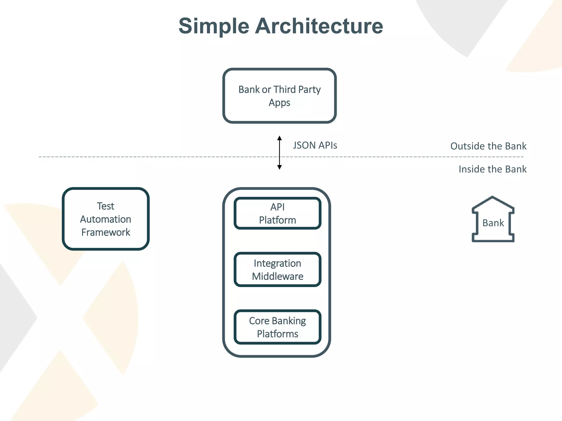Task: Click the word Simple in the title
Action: pos(214,26)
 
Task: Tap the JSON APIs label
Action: pos(315,145)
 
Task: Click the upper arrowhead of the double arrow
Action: pos(279,138)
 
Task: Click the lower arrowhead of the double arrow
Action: pos(279,167)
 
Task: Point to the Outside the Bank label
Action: pos(488,146)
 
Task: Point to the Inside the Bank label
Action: pos(492,169)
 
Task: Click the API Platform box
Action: pos(277,214)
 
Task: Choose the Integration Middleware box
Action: pos(277,270)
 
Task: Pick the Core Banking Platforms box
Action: pos(277,327)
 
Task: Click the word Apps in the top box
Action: pos(279,103)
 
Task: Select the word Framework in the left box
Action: pos(106,232)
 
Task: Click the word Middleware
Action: pos(277,276)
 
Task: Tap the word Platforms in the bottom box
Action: pos(277,334)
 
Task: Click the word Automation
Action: pos(106,219)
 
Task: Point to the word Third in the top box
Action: pos(285,90)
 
